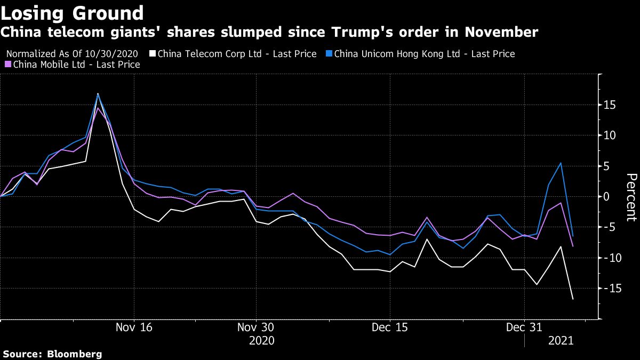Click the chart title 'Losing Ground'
(72, 13)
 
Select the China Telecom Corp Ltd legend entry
(237, 54)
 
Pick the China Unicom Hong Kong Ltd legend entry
(424, 54)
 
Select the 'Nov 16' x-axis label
(134, 327)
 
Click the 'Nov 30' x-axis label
(257, 327)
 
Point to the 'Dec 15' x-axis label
(390, 327)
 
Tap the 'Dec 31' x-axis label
(524, 327)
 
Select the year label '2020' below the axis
(261, 340)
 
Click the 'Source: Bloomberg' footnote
(52, 354)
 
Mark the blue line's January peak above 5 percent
(561, 163)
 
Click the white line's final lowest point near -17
(573, 299)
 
